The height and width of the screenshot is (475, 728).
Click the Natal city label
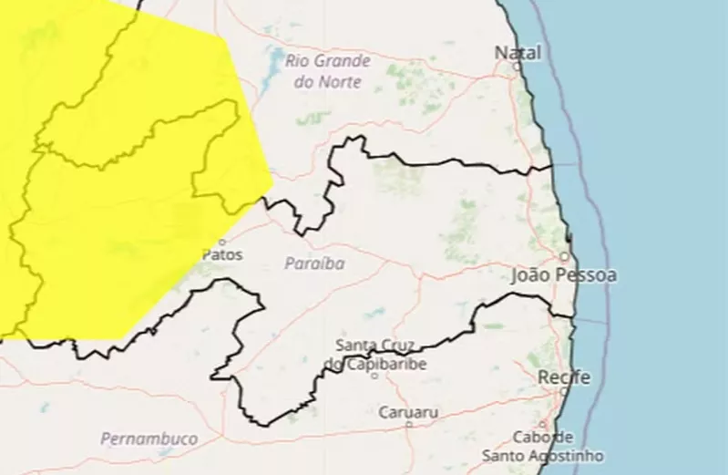[518, 53]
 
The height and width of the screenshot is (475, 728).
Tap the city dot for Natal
[518, 66]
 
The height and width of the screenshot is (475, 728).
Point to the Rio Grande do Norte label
[328, 71]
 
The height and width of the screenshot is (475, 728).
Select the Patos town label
[222, 255]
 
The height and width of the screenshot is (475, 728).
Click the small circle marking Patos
[221, 242]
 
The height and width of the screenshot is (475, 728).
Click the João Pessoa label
[564, 274]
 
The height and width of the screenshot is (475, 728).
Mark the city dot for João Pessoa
[564, 257]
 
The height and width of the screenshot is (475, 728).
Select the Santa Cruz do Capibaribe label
[374, 355]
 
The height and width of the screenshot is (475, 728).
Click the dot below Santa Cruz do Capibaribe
[374, 375]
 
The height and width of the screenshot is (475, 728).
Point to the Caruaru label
[408, 412]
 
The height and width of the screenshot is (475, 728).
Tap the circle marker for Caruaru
[408, 424]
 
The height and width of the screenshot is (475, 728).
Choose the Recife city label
[564, 377]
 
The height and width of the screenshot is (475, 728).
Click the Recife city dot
[564, 390]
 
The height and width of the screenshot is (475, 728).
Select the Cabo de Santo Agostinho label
[543, 446]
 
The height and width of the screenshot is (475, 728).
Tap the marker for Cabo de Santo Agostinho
[543, 424]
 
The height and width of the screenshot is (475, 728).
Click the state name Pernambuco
[149, 439]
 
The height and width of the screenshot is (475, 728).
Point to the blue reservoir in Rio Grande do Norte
[275, 64]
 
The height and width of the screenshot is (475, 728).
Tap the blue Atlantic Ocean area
[656, 228]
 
